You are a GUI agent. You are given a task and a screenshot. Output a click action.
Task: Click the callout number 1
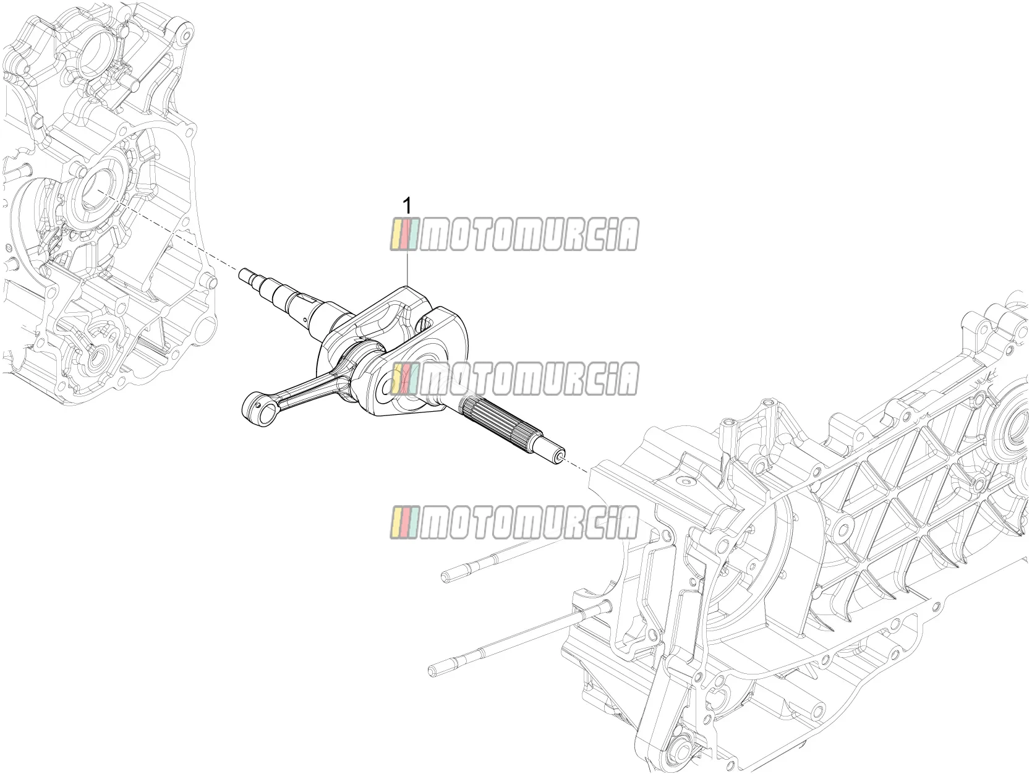(x=407, y=206)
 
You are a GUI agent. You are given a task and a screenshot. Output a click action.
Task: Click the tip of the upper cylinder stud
(x=447, y=577)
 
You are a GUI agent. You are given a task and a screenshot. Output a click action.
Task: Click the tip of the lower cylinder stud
(x=435, y=671)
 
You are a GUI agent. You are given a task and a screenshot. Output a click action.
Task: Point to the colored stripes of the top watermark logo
(x=403, y=234)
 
